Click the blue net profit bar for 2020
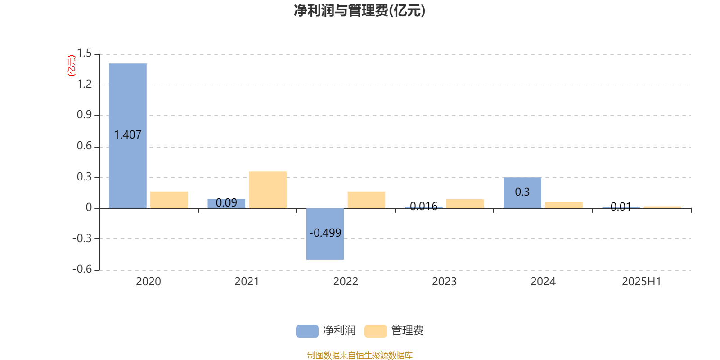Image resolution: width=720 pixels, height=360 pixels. click(x=128, y=136)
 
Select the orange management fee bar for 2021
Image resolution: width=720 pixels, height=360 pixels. click(x=268, y=190)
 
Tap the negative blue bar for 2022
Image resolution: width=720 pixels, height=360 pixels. click(x=325, y=234)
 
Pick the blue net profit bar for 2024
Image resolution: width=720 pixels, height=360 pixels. click(x=522, y=193)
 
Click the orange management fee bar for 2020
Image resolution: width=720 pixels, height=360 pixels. click(x=169, y=200)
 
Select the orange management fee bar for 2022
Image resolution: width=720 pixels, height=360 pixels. click(x=366, y=200)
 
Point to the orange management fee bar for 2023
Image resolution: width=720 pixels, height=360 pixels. click(x=465, y=204)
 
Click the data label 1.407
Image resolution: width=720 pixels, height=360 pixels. click(x=128, y=135)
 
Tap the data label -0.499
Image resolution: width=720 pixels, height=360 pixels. click(x=325, y=233)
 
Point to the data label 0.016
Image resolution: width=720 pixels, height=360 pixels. click(x=423, y=207)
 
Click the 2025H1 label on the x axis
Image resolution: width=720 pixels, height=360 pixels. click(x=642, y=282)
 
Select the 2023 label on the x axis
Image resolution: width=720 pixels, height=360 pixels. click(x=444, y=282)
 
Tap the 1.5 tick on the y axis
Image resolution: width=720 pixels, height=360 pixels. click(x=85, y=54)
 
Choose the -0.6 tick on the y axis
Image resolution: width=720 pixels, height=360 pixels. click(x=82, y=270)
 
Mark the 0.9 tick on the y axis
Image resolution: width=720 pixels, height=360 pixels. click(x=85, y=115)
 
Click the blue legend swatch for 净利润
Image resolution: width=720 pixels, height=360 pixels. click(x=307, y=331)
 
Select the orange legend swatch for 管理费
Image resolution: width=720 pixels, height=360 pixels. click(x=375, y=331)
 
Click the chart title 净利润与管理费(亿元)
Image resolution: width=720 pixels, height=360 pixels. click(x=360, y=11)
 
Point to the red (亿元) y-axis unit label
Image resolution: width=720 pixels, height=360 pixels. click(x=72, y=66)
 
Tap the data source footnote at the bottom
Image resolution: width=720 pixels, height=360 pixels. click(x=360, y=355)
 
